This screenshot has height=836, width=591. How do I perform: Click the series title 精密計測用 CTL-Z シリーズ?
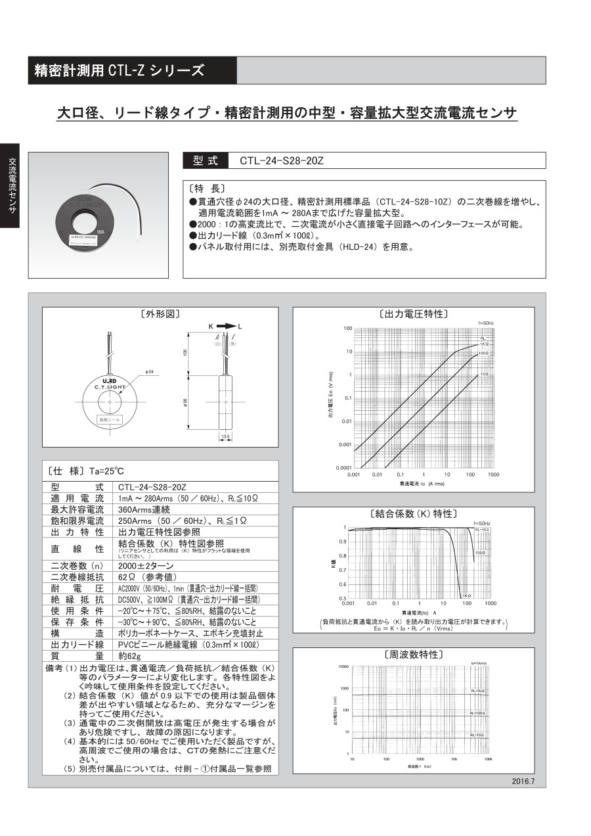click(120, 71)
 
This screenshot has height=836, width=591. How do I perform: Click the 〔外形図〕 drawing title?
click(160, 314)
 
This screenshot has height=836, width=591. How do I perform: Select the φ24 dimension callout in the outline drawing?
click(150, 372)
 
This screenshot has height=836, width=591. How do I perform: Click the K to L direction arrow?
click(225, 326)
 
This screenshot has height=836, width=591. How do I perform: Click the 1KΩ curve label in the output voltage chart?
click(484, 343)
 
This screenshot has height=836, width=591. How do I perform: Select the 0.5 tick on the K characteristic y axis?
click(343, 598)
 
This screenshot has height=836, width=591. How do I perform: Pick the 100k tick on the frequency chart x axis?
click(488, 758)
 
